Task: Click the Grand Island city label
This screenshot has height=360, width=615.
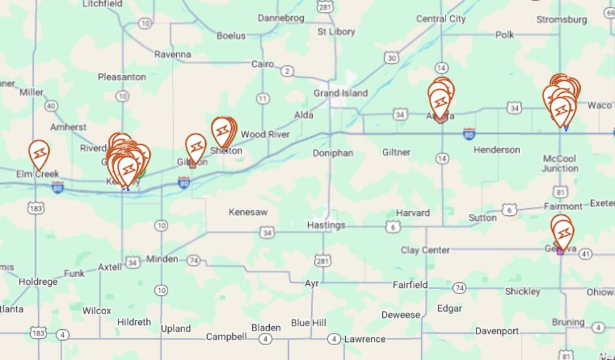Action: (x=340, y=93)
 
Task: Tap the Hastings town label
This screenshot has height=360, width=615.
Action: (x=326, y=225)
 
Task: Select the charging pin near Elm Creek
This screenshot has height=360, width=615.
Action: (x=40, y=153)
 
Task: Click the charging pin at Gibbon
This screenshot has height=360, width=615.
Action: (x=196, y=147)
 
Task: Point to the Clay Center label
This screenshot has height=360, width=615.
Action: (x=425, y=250)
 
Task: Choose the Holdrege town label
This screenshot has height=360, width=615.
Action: (x=38, y=282)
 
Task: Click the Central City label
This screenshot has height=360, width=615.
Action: (x=441, y=19)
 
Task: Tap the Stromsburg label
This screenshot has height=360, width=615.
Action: (x=561, y=19)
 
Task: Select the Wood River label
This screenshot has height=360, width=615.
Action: (x=265, y=134)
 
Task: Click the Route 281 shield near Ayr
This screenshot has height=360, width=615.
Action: (x=324, y=260)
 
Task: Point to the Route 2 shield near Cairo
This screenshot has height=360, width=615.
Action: (x=287, y=71)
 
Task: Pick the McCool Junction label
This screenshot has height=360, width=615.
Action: (x=560, y=163)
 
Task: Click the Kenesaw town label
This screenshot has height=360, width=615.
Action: (x=248, y=212)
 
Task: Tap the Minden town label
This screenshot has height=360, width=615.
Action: (x=162, y=259)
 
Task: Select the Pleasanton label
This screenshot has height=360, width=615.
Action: (x=122, y=77)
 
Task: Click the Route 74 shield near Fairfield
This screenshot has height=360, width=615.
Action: (x=460, y=288)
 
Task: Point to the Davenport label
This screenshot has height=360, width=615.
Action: (x=496, y=331)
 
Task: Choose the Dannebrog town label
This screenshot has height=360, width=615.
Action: (x=281, y=18)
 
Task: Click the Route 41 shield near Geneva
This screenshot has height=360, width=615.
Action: (x=586, y=254)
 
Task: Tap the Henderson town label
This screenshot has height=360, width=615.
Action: (x=496, y=150)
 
